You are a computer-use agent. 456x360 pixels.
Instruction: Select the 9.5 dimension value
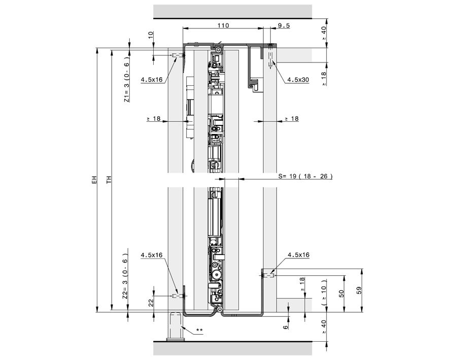click(283, 25)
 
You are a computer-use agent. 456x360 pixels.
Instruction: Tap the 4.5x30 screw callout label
click(298, 80)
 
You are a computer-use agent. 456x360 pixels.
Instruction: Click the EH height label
click(93, 180)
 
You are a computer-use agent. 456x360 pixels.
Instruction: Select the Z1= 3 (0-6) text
click(127, 80)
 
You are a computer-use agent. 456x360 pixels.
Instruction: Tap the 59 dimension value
click(360, 292)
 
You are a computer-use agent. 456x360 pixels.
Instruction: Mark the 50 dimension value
click(342, 293)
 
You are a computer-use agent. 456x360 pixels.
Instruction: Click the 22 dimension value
click(151, 303)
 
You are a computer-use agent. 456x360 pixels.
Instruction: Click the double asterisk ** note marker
click(199, 331)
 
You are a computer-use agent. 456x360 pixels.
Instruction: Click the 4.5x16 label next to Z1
click(152, 80)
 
